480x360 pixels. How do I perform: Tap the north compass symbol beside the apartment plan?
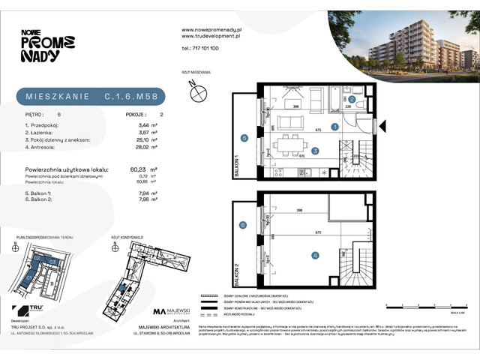(x=199, y=93)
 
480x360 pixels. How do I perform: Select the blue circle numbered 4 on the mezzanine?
(x=315, y=255)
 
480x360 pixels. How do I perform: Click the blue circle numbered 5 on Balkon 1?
(x=244, y=138)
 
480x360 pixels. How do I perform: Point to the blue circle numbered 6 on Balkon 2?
(x=244, y=226)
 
